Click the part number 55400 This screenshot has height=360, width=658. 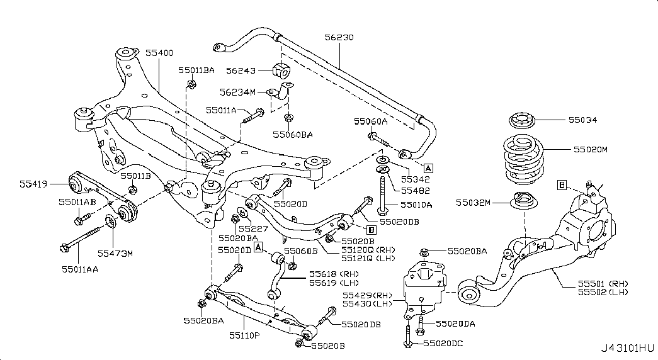tap(160, 53)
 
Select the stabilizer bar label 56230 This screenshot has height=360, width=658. tap(339, 38)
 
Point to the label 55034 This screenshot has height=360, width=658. tap(582, 120)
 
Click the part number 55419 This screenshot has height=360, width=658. tap(33, 184)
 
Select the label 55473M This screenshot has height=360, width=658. tap(115, 253)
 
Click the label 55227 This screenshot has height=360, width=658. tap(257, 228)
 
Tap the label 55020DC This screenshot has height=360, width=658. tap(443, 344)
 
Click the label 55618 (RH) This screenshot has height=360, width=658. tap(333, 274)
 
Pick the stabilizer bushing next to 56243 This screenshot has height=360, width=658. tap(281, 71)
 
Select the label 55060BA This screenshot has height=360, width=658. tap(293, 134)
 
